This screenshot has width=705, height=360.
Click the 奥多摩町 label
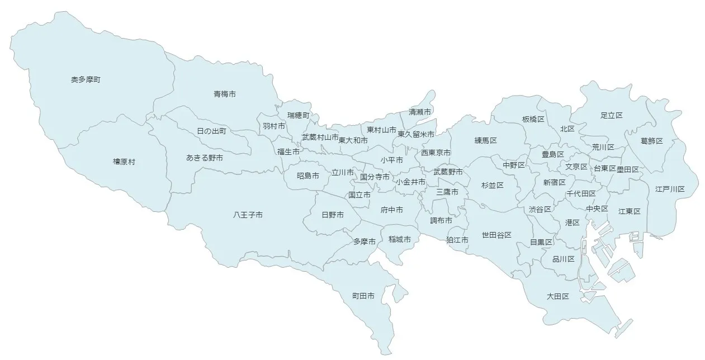(x=86, y=80)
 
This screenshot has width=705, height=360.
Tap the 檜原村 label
(x=124, y=162)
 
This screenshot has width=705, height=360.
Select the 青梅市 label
(x=224, y=94)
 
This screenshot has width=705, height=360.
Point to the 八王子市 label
(x=248, y=215)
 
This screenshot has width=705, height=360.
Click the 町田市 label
(x=363, y=295)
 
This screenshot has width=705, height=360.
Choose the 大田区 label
(x=557, y=296)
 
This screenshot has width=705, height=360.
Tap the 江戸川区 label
(x=670, y=189)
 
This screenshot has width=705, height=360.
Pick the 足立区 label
(x=611, y=115)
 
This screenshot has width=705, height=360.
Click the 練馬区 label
(x=485, y=140)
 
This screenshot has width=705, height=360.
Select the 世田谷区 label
(x=496, y=235)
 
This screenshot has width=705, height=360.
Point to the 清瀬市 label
(x=420, y=112)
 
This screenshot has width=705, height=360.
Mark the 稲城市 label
(x=400, y=239)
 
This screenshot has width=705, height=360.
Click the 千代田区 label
(x=580, y=193)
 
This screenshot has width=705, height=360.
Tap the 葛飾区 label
(x=651, y=140)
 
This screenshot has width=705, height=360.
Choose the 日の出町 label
(x=211, y=131)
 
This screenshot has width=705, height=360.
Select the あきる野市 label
(x=205, y=158)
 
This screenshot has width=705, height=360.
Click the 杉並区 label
(x=493, y=184)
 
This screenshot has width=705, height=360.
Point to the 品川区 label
(x=563, y=259)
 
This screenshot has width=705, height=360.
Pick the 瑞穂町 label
(x=298, y=115)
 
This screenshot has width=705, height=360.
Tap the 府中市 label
(x=392, y=210)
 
